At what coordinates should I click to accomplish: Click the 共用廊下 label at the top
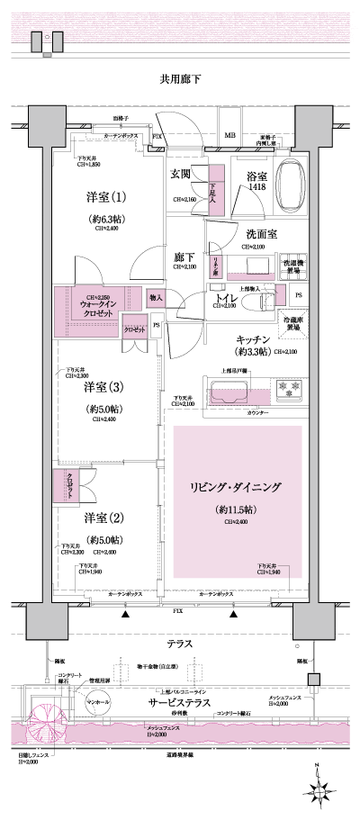[179, 80]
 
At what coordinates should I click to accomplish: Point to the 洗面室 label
[262, 233]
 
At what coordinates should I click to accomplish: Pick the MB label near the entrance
[230, 138]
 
